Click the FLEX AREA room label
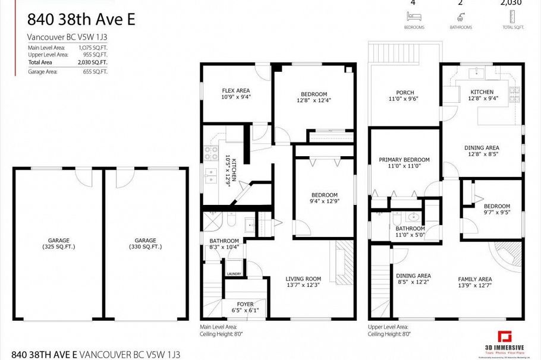click(236, 90)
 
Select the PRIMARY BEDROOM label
click(404, 160)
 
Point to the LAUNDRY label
click(234, 274)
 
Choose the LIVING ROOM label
click(303, 279)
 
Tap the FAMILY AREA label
click(474, 279)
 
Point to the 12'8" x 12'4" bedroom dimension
click(313, 100)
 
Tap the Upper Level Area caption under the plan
click(388, 327)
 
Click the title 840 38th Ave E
click(81, 20)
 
